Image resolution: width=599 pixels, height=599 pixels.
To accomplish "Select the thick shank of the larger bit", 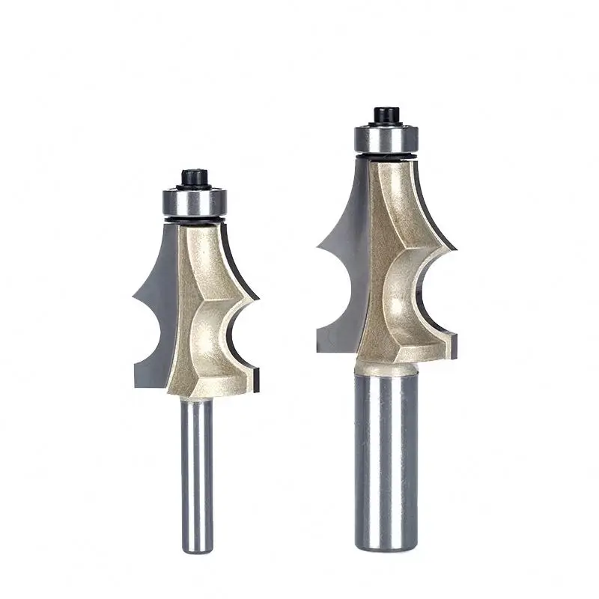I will coord(386,464).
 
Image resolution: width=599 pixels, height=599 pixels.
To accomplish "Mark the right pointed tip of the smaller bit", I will coord(258,300).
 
